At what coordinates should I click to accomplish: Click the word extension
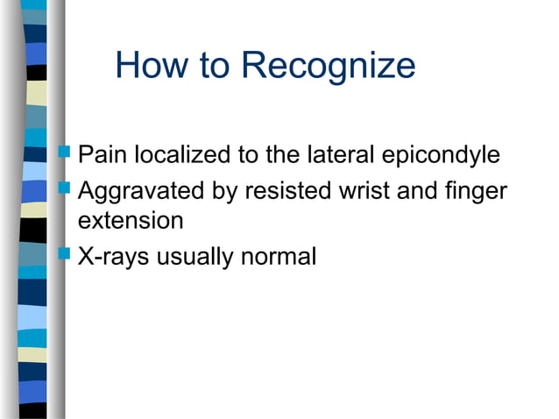(131, 221)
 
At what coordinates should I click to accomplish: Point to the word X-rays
(111, 258)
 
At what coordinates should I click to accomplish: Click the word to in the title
(216, 67)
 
